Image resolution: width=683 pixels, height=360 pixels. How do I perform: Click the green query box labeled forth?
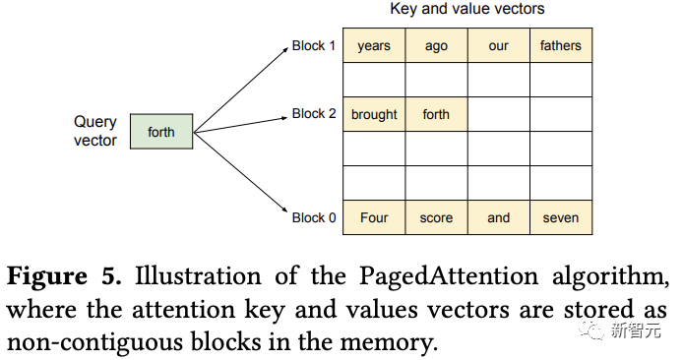tap(161, 132)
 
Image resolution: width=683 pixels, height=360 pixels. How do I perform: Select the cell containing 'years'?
tap(374, 45)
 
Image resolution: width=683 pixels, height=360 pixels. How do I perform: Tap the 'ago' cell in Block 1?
tap(436, 45)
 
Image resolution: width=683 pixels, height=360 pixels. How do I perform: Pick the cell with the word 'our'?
tap(499, 45)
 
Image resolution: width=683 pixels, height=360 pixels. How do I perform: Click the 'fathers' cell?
tap(561, 45)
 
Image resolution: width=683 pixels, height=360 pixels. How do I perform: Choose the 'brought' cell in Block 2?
tap(374, 114)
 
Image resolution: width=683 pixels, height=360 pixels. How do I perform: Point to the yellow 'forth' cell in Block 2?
tap(436, 114)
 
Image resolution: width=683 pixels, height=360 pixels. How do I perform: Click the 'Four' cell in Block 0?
tap(374, 217)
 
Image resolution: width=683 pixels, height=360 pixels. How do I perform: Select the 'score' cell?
tap(436, 217)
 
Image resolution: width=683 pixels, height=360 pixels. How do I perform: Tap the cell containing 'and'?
tap(499, 217)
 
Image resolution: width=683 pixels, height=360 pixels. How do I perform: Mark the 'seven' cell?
tap(561, 217)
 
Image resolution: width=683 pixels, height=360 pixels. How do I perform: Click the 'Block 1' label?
tap(314, 45)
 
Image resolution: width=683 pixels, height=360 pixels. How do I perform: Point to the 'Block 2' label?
tap(314, 114)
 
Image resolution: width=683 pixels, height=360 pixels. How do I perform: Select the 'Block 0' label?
tap(314, 217)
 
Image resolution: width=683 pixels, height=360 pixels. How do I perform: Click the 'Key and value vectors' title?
tap(466, 9)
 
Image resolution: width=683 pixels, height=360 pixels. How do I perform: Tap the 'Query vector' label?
tap(94, 131)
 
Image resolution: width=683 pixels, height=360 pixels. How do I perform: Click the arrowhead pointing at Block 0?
tap(284, 211)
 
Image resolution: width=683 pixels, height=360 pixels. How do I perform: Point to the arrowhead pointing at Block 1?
tap(284, 50)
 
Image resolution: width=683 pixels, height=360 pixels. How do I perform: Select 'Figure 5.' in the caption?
tap(64, 276)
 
